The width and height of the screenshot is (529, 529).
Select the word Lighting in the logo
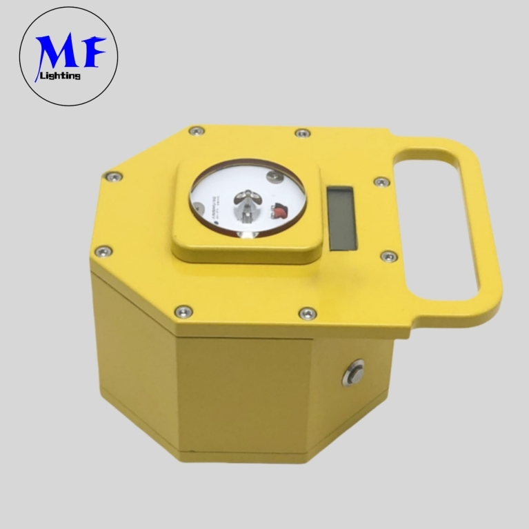click(61, 76)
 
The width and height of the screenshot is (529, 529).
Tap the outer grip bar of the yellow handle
click(486, 228)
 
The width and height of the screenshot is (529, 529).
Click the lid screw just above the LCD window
click(381, 182)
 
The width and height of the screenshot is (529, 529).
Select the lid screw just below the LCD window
click(388, 257)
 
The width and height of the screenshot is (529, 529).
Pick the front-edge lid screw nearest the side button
click(308, 314)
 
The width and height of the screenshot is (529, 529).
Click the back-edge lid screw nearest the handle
click(302, 132)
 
